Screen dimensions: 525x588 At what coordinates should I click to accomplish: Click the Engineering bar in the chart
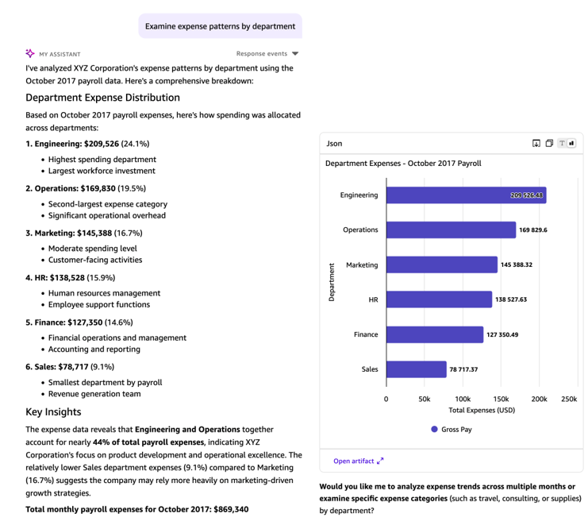pos(466,195)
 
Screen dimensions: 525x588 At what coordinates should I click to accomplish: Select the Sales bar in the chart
pos(417,369)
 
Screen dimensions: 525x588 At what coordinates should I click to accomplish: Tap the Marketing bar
pos(442,264)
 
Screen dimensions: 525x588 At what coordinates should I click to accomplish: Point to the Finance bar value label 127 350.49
pos(502,334)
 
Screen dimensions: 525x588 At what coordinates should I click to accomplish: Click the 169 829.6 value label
pos(533,230)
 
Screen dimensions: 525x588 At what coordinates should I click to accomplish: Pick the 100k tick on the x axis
pos(463,398)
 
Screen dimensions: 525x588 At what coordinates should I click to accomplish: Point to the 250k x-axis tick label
pos(568,398)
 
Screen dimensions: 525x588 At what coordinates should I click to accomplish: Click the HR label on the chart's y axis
pos(373,299)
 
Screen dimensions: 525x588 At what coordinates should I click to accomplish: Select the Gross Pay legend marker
pos(434,429)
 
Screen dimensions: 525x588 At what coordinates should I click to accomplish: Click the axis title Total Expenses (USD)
pos(482,410)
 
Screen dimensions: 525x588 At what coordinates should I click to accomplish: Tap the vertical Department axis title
pos(331,282)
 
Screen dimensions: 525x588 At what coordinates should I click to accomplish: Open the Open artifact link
pos(358,461)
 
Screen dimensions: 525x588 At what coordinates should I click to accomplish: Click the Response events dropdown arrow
pos(295,54)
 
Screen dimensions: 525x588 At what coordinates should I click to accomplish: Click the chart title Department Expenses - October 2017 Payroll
pos(403,164)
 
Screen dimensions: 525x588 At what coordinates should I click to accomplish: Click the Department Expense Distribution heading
pos(102,98)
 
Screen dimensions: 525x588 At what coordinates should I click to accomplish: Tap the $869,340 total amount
pos(225,509)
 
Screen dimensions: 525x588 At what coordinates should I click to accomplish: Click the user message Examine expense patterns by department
pos(220,26)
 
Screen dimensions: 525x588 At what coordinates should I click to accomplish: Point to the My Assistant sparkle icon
pos(30,54)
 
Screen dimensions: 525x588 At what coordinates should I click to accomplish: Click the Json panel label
pos(335,143)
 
